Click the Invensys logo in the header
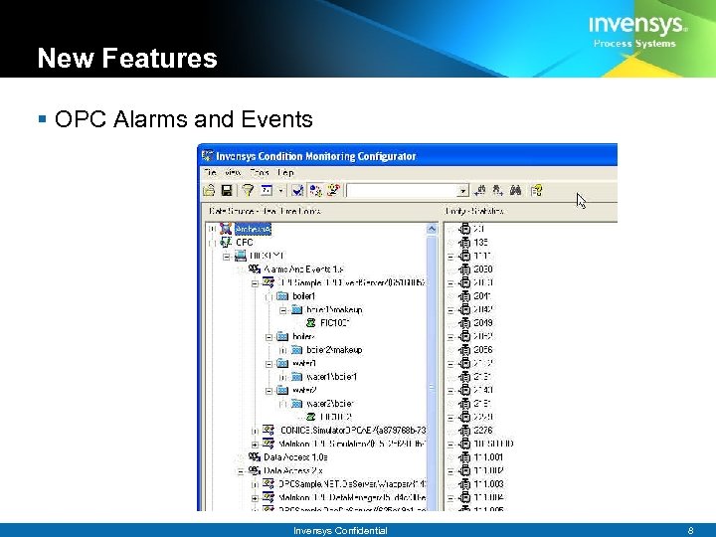[636, 25]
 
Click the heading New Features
[126, 59]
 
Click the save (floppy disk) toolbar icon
[227, 189]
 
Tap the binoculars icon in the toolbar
[515, 189]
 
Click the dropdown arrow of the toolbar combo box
[462, 190]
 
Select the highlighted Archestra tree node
[253, 229]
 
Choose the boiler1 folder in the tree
[303, 295]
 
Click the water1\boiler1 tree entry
[332, 377]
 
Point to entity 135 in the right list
[481, 242]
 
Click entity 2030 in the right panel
[483, 268]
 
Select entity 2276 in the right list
[483, 430]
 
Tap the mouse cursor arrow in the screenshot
[582, 200]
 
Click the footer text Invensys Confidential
[340, 531]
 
